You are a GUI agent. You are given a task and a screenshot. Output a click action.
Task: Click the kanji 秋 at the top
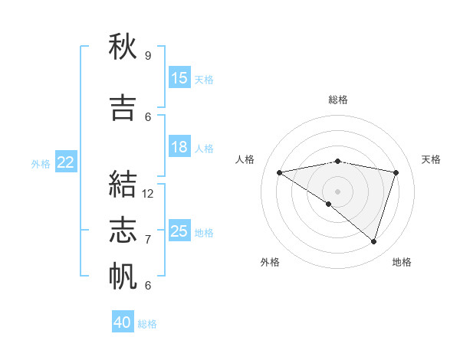pos(123,47)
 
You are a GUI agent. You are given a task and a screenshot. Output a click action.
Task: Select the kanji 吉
pos(123,108)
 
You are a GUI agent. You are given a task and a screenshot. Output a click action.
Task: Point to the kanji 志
pos(123,231)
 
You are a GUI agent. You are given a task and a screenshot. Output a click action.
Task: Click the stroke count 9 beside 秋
pos(148,56)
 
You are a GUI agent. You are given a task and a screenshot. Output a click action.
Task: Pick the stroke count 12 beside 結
pos(148,194)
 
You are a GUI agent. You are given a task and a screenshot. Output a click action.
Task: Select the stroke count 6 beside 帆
pos(148,286)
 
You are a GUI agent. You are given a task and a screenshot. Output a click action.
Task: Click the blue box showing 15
pos(179,78)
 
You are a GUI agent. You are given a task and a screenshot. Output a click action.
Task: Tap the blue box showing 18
pos(179,147)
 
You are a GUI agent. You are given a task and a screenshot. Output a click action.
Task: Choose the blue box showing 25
pos(179,231)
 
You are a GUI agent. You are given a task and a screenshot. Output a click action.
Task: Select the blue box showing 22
pos(66,162)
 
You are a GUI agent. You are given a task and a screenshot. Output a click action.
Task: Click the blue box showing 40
pos(123,322)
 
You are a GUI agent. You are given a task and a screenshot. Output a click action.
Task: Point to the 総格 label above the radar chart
pos(338,100)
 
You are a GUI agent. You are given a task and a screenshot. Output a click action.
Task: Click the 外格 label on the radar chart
pos(270,262)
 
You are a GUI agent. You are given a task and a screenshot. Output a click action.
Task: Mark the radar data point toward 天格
pos(396,172)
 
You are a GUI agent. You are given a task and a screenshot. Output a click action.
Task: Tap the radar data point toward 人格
pos(280,172)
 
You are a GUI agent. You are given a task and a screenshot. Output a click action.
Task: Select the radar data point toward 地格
pos(373,241)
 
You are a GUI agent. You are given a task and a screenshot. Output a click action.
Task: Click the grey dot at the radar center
pos(337,190)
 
